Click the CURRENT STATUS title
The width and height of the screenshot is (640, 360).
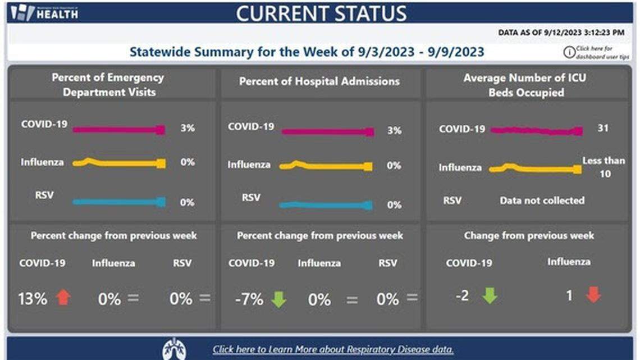321,13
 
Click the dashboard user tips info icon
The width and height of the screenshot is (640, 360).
569,52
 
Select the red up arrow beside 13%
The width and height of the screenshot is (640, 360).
63,297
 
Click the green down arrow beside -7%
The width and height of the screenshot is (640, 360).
278,299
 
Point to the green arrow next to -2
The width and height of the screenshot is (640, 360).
490,295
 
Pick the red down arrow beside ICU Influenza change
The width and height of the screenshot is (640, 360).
593,295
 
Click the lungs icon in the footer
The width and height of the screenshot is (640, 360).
174,349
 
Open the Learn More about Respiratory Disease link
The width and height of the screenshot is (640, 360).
333,349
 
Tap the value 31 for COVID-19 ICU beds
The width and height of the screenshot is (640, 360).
603,129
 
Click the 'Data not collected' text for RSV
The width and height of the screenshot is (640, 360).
542,200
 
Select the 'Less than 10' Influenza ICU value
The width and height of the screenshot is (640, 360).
604,167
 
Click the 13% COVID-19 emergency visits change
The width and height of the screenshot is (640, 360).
33,298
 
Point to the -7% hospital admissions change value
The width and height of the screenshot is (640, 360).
249,299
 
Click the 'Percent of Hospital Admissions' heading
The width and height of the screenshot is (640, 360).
319,81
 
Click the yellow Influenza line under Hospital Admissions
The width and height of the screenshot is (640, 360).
326,166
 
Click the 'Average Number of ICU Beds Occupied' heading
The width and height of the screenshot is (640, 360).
525,85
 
